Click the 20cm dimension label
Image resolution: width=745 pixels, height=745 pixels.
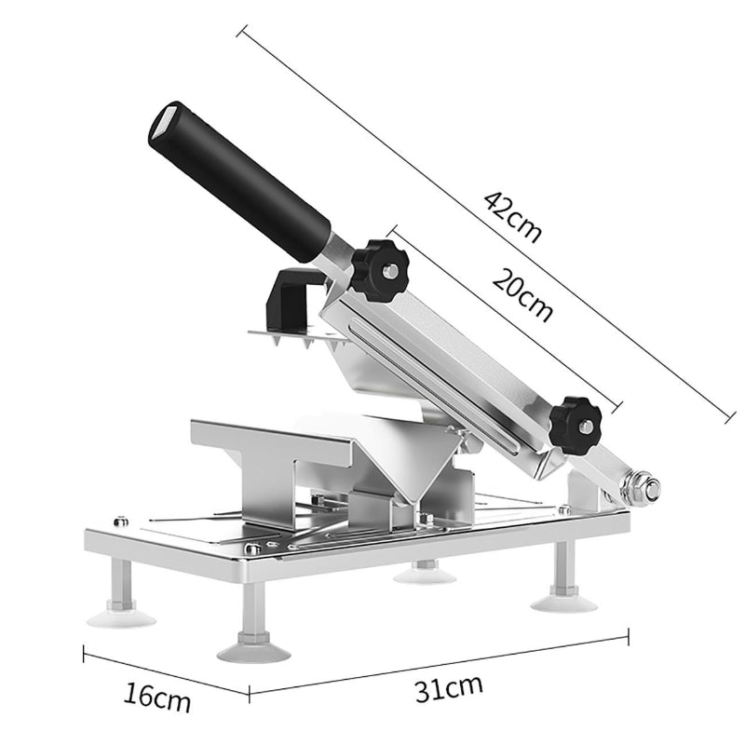coord(522,295)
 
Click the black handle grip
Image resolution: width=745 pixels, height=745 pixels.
coord(240,183)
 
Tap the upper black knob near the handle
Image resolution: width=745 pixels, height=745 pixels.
coord(380,270)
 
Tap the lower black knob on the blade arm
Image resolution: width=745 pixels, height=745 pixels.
coord(576,426)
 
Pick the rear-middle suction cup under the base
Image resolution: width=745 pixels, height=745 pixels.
coord(425,574)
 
